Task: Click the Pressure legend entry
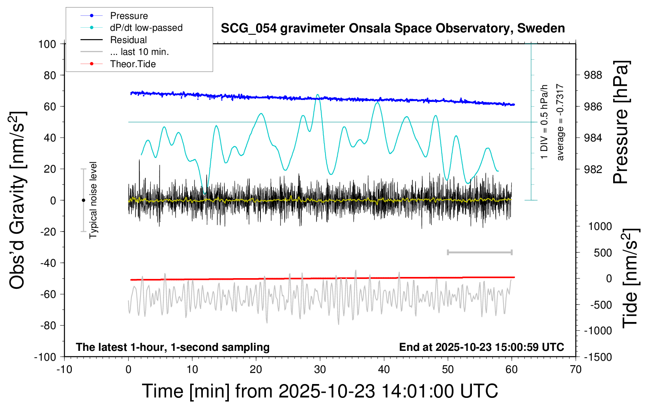tap(129, 16)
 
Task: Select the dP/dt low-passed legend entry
tap(146, 28)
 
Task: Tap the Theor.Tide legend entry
tap(133, 64)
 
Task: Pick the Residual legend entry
tap(128, 40)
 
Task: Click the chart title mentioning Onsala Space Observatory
tap(393, 28)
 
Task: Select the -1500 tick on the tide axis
tap(598, 357)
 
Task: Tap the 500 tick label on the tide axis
tap(603, 253)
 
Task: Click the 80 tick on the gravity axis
tap(50, 75)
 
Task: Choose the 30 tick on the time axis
tap(320, 369)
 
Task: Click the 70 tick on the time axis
tap(576, 369)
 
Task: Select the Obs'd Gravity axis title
tap(18, 200)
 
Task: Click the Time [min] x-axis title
tap(320, 391)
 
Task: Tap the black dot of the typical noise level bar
tap(83, 200)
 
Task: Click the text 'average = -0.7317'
tap(560, 122)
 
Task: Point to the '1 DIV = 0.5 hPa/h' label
tap(545, 122)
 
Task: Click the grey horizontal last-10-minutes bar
tap(479, 252)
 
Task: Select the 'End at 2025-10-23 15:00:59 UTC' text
tap(481, 347)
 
